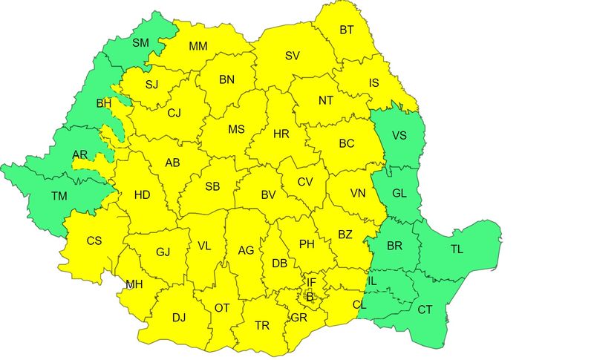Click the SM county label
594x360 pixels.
pos(140,42)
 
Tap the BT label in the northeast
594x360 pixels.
pos(347,30)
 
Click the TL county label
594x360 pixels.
pos(457,249)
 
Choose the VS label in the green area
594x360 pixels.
pos(399,136)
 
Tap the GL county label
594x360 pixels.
pos(399,194)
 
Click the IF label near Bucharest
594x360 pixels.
pos(313,282)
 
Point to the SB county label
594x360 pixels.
pos(212,186)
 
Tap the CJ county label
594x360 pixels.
pos(174,114)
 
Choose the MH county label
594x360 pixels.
pos(134,284)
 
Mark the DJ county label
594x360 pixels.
pos(178,318)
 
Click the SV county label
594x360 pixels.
pos(293,56)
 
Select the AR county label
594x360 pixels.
pos(80,155)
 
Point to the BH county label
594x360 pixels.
pos(103,103)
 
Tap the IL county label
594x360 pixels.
pos(372,281)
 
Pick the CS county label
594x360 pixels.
pos(94,240)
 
